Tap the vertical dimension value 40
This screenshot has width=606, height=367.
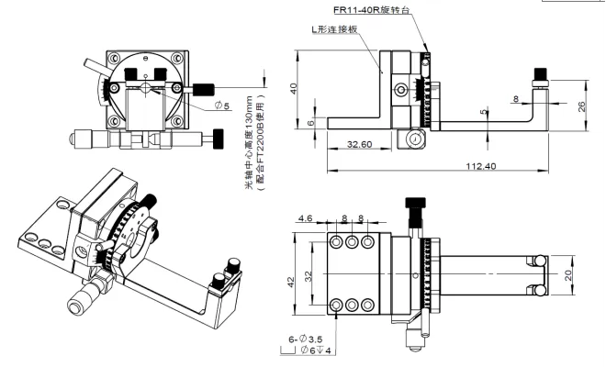point(293,89)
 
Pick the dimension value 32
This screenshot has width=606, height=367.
point(309,273)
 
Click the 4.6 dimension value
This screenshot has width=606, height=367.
point(306,218)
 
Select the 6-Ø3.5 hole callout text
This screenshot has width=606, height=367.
point(305,339)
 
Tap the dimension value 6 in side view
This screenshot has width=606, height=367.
point(310,122)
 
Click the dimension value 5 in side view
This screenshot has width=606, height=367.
point(484,112)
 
